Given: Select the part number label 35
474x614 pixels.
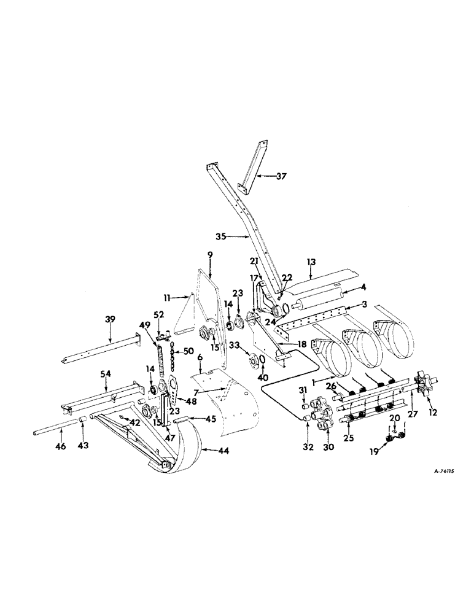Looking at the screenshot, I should pyautogui.click(x=222, y=235).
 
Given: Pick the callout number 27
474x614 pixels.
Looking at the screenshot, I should pyautogui.click(x=413, y=414).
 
